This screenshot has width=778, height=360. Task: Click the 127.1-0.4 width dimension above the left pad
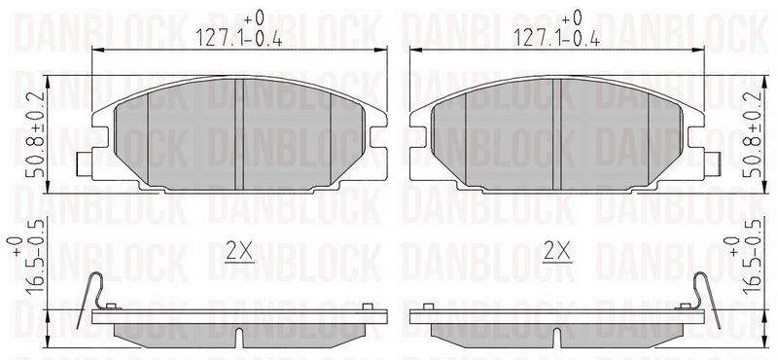[x=239, y=38]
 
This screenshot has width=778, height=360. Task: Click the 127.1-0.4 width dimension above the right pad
[x=557, y=38]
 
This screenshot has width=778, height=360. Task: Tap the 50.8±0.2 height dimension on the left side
[x=37, y=134]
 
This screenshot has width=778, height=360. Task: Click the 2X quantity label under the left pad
[x=239, y=251]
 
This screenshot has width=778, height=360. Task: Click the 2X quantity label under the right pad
[x=557, y=251]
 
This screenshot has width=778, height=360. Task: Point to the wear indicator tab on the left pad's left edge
[x=85, y=163]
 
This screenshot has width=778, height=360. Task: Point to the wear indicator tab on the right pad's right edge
[x=713, y=163]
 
